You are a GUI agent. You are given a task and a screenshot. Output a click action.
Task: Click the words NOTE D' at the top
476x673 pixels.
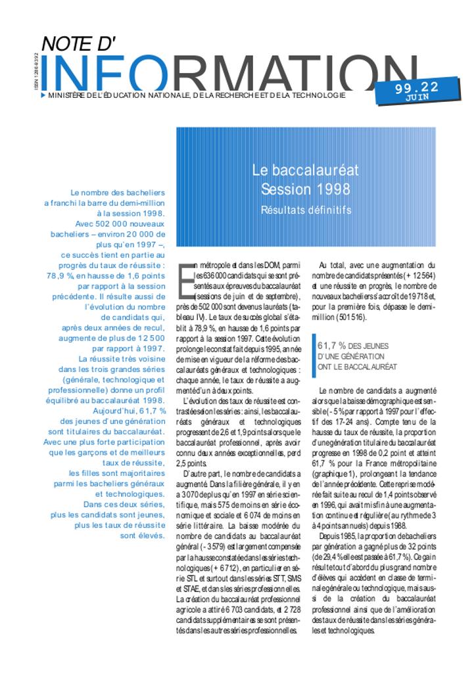[x=78, y=44]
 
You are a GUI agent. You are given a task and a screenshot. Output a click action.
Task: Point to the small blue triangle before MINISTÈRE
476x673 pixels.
[x=43, y=95]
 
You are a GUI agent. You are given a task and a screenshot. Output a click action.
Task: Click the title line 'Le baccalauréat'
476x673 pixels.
[x=306, y=170]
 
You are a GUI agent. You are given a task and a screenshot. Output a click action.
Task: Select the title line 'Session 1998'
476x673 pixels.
[x=306, y=190]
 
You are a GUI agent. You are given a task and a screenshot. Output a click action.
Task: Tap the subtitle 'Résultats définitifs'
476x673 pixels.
[x=306, y=210]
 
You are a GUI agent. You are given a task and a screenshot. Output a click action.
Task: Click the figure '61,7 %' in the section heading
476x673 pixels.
[x=333, y=346]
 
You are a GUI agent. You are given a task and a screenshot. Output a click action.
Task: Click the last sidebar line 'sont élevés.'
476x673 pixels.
[x=143, y=536]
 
